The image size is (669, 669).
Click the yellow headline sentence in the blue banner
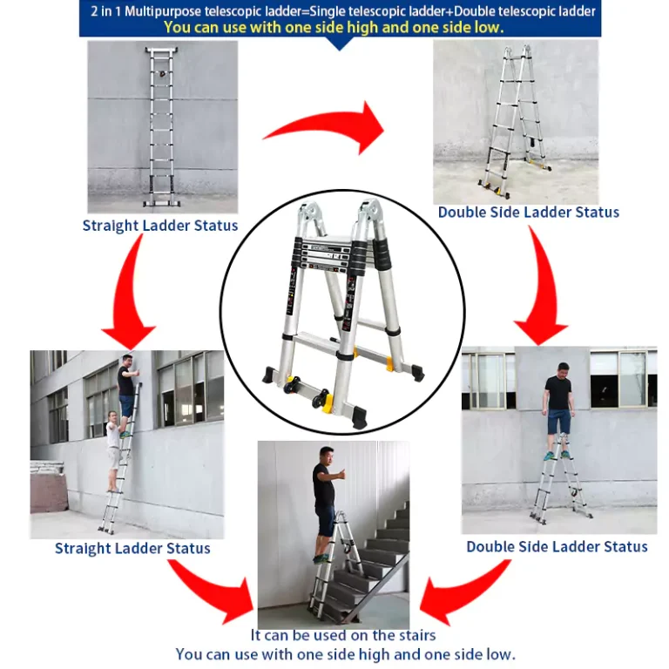334,27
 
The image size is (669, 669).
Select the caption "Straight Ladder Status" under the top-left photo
160,226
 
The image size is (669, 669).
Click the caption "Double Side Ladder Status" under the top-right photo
528,212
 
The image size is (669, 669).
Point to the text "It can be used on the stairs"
343,635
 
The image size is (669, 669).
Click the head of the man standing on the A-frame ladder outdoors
564,370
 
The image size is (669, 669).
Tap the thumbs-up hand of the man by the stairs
341,474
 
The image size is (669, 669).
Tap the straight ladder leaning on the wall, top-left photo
162,126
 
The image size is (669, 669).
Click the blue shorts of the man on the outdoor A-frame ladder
558,420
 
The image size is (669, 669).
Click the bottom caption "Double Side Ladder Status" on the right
557,546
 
